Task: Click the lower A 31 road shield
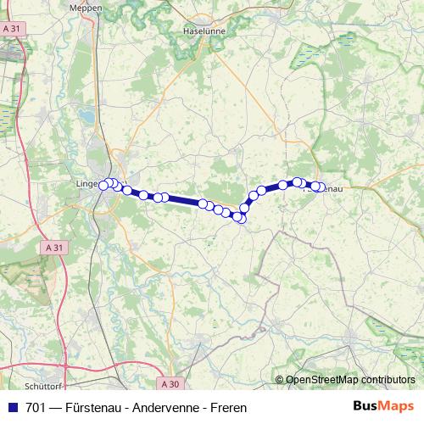pos(53,247)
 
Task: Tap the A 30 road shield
pos(170,383)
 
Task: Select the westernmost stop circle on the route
pos(104,185)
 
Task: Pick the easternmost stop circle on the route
pos(320,187)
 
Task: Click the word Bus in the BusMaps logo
pos(366,406)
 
